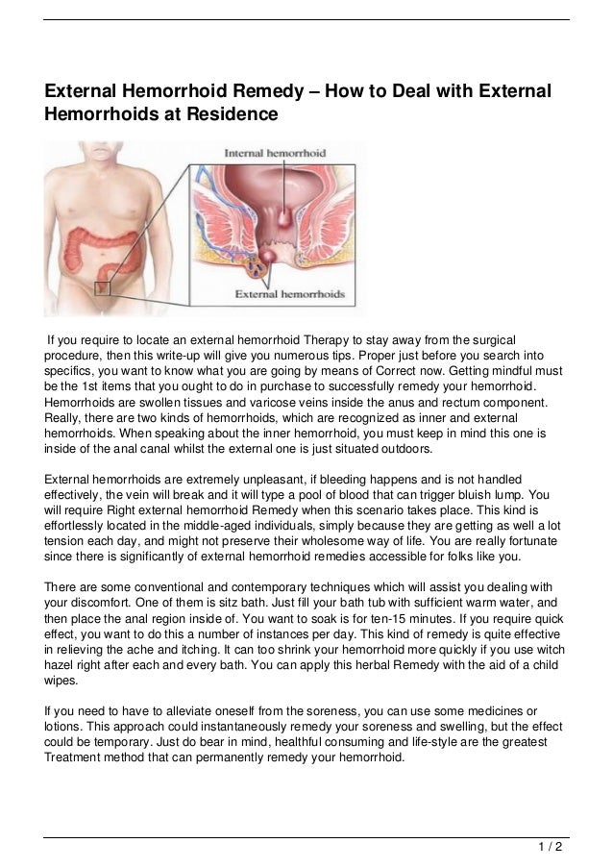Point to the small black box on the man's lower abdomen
(103, 286)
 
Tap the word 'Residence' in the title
(231, 116)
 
